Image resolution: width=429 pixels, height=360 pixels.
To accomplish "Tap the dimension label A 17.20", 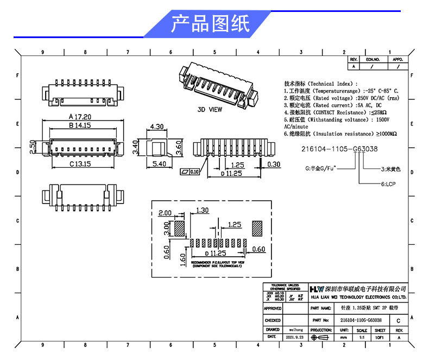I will [80, 117].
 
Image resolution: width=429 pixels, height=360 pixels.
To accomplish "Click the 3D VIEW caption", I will [210, 109].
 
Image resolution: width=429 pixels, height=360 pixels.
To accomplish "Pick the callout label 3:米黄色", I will [390, 169].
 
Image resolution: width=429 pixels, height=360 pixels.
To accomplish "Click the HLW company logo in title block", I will [316, 289].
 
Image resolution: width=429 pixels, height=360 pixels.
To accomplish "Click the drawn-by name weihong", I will [295, 330].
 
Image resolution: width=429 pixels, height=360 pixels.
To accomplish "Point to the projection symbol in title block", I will [321, 337].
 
